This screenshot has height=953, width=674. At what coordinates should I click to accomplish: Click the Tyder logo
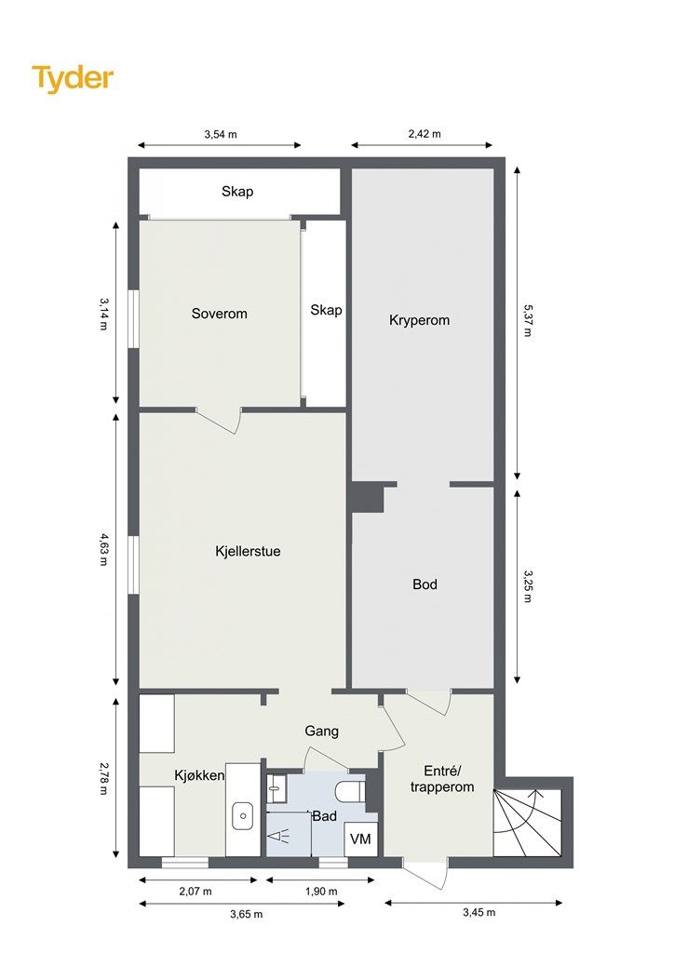point(73,79)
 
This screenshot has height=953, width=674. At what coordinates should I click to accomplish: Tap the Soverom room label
point(220,314)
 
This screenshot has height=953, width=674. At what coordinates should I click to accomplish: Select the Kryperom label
point(419,320)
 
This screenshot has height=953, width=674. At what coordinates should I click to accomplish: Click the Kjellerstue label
point(248,551)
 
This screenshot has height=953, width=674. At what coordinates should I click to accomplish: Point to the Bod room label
point(425,584)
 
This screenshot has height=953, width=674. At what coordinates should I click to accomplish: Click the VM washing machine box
point(360,839)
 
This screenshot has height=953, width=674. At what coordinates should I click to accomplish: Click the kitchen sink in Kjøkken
point(243,815)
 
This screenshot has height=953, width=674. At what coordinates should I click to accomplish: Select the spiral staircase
point(527,822)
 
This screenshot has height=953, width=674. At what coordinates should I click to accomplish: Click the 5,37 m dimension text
point(527,320)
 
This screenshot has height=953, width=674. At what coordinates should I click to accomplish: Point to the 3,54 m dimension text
point(221,134)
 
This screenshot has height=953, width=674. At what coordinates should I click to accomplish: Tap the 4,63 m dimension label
point(103,549)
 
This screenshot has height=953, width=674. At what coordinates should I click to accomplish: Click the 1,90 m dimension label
point(321,892)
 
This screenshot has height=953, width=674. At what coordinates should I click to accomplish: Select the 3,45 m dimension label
point(479,912)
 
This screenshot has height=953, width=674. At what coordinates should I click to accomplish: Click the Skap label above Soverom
point(237,192)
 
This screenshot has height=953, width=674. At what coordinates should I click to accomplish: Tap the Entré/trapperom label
point(442,779)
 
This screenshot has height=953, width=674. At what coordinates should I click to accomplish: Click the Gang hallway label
point(321,732)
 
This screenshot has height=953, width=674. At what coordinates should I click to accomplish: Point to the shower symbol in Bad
point(280,838)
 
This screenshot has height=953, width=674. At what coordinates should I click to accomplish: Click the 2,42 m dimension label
point(425,134)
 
